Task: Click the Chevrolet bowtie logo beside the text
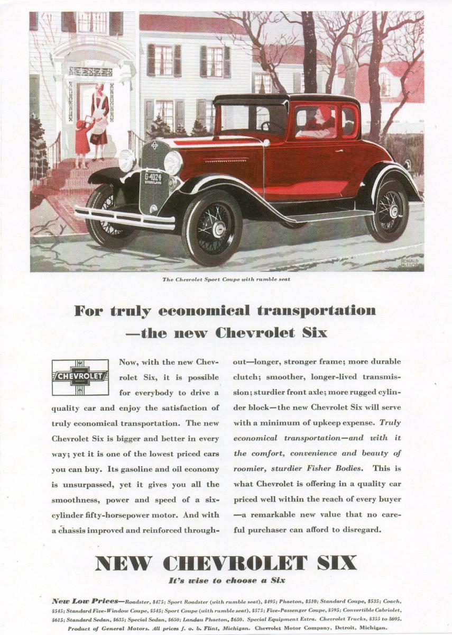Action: pyautogui.click(x=80, y=377)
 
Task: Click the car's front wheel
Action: pyautogui.click(x=212, y=228)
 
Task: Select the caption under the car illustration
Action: pyautogui.click(x=226, y=279)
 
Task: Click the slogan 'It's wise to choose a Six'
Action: pyautogui.click(x=226, y=580)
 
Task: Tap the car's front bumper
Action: pyautogui.click(x=124, y=218)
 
